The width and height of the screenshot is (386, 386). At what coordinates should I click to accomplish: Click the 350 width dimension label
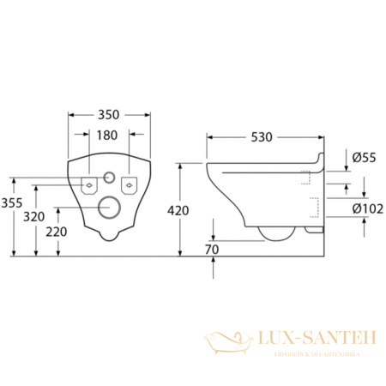click(x=109, y=113)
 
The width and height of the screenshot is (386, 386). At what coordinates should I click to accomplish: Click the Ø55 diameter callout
click(x=365, y=156)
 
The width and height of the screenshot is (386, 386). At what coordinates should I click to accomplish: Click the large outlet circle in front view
click(x=109, y=207)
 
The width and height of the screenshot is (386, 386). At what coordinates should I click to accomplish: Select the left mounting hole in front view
click(x=88, y=183)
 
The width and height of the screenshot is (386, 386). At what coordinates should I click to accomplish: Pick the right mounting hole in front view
click(x=130, y=183)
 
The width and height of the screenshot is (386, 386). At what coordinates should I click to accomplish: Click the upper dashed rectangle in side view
click(x=305, y=177)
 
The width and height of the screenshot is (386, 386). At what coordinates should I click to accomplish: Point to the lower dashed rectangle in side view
click(x=314, y=206)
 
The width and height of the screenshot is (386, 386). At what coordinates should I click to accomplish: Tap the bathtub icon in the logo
click(x=227, y=343)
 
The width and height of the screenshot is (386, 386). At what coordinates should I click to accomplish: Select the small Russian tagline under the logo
click(x=316, y=353)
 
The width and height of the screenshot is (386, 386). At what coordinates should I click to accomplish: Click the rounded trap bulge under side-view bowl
click(x=275, y=230)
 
